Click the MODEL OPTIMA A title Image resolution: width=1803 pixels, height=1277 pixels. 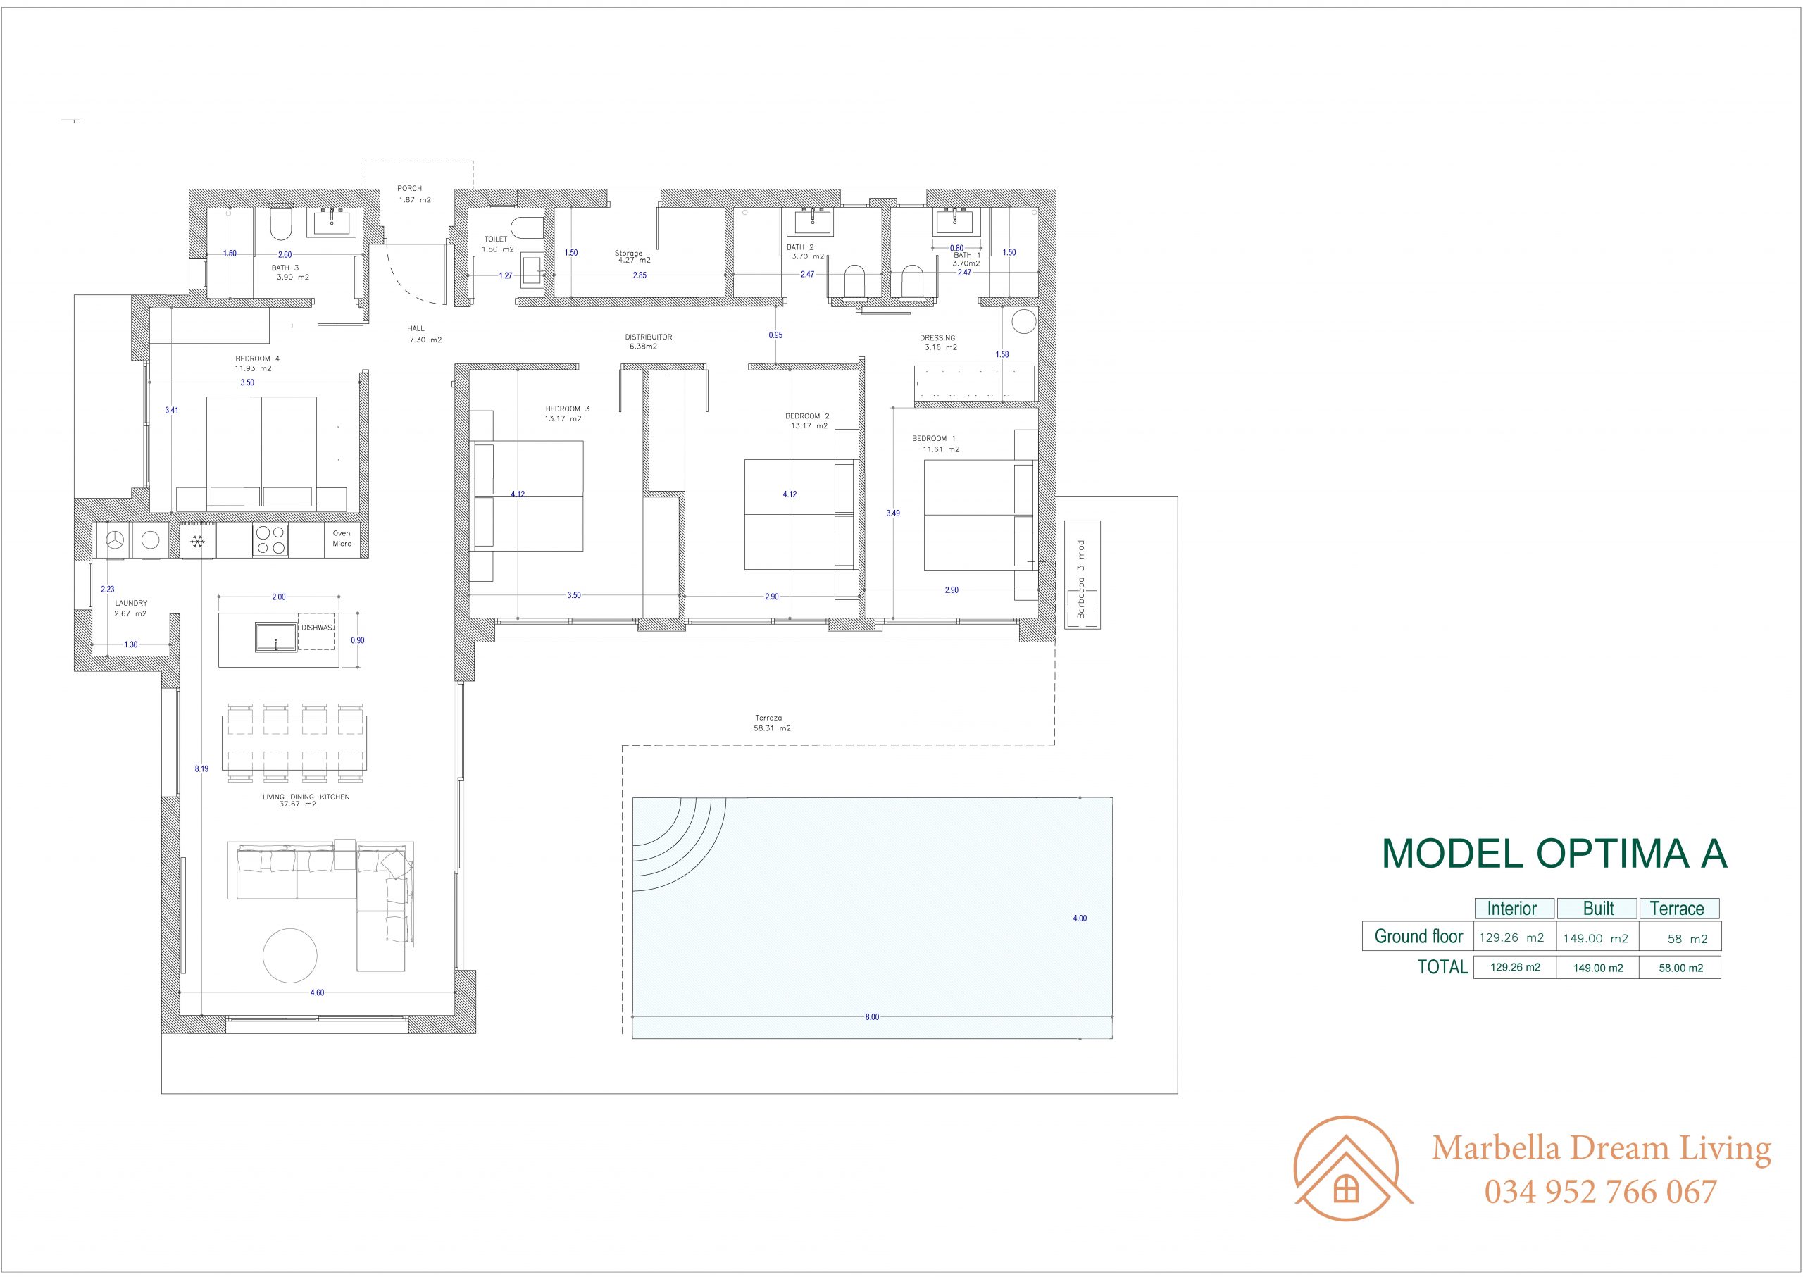[1554, 853]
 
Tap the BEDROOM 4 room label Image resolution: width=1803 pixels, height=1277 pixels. [257, 359]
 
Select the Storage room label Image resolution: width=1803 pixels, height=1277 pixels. [629, 253]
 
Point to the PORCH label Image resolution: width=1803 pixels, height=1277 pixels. [410, 189]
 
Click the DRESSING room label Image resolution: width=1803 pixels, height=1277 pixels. [937, 338]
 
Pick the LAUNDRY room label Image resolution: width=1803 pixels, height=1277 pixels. [131, 603]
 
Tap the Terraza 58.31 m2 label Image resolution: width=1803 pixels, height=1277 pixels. [772, 723]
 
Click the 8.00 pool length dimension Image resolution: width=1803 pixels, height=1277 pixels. [872, 1016]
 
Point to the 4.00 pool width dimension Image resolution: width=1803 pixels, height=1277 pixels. [1080, 918]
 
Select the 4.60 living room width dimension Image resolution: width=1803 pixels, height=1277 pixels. [317, 992]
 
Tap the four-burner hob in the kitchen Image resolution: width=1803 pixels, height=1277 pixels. [270, 540]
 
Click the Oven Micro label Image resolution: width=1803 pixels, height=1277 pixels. [342, 539]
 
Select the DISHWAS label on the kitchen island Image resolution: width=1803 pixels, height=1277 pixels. [318, 628]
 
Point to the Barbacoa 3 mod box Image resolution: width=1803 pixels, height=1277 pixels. [1082, 575]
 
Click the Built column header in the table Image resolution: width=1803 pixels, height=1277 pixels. [1598, 908]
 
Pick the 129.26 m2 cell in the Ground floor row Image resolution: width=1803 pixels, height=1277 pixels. [1511, 937]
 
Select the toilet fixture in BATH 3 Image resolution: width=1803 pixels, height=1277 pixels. [280, 223]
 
